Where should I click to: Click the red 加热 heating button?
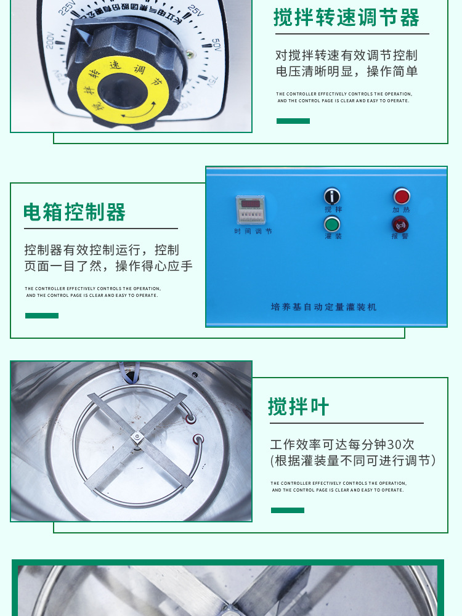pos(402,197)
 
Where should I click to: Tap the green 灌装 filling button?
pos(332,224)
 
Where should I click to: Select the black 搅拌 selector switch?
pos(332,197)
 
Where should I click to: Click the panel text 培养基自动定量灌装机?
pos(323,307)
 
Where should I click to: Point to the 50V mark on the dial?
pos(216,44)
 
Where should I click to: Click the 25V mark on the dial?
pos(195,10)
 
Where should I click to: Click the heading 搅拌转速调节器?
pos(346,17)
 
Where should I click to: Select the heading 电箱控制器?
pos(75,212)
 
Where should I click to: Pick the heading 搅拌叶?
pos(299,407)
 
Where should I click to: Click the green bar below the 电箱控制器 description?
pos(42,315)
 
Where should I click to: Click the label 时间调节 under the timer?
pos(253,232)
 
